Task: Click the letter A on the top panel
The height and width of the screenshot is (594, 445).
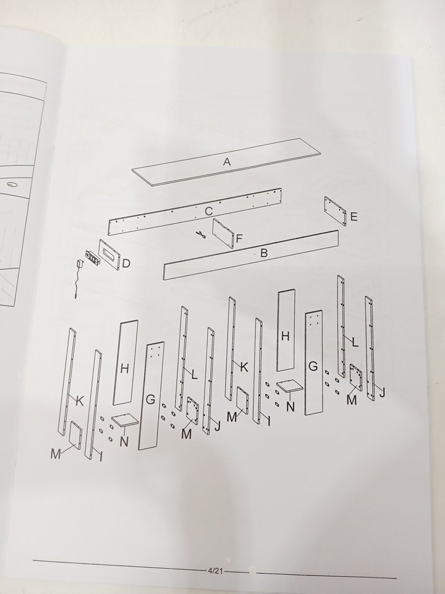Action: tap(227, 161)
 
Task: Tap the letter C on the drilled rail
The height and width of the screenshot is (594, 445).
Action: tap(208, 211)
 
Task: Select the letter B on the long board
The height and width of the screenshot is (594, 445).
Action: tap(264, 253)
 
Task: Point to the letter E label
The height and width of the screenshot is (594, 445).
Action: tap(354, 217)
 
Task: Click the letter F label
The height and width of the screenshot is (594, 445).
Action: tap(239, 239)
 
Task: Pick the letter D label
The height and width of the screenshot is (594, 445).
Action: tap(126, 264)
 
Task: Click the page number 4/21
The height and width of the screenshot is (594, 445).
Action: tap(215, 570)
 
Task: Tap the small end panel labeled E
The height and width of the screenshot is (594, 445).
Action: tap(335, 211)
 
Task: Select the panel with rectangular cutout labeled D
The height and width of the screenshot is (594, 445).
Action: tap(110, 254)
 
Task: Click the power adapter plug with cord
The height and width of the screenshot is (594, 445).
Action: tap(78, 278)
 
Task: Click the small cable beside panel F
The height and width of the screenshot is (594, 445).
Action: tap(200, 235)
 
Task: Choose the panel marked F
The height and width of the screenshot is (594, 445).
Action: tap(224, 233)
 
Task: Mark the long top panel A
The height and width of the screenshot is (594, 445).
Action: tap(226, 161)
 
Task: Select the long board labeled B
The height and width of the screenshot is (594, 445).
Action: tap(251, 255)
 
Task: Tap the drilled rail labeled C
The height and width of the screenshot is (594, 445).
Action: tap(195, 212)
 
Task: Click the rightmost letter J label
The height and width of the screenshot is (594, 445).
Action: tap(382, 392)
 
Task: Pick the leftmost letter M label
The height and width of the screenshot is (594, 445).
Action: tap(56, 454)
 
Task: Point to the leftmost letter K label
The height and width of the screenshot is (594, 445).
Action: tap(80, 400)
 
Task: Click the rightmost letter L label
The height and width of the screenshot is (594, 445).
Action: tap(355, 342)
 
